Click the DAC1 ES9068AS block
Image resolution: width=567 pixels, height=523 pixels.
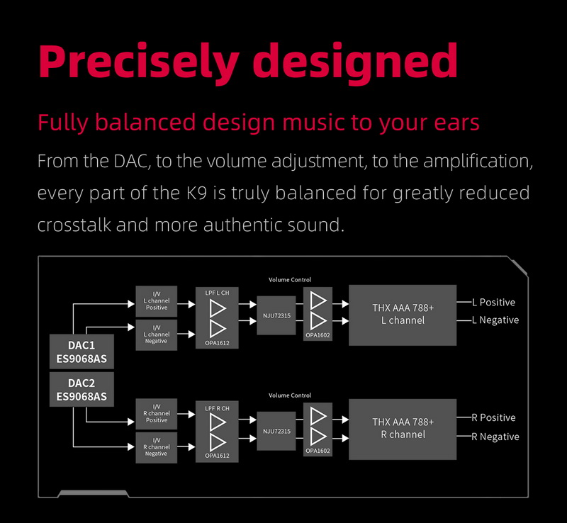(x=82, y=352)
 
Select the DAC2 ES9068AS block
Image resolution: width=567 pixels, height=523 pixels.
(x=82, y=389)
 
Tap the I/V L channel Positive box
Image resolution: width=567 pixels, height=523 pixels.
(x=156, y=302)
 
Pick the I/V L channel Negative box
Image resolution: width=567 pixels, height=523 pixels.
(x=156, y=334)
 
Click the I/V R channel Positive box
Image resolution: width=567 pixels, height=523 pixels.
(x=156, y=414)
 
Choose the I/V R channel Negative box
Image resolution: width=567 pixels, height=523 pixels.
(x=156, y=446)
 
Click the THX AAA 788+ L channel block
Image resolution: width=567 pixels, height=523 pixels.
(x=403, y=315)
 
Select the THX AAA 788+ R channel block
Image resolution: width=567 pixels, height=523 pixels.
(x=403, y=428)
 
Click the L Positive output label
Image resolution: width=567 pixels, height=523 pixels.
(x=494, y=303)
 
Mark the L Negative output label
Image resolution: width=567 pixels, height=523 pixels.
(x=495, y=320)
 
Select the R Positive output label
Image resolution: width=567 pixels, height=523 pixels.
(x=494, y=418)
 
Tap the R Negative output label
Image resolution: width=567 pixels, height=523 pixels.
(x=495, y=437)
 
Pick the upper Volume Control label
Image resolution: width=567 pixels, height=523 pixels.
(x=290, y=280)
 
